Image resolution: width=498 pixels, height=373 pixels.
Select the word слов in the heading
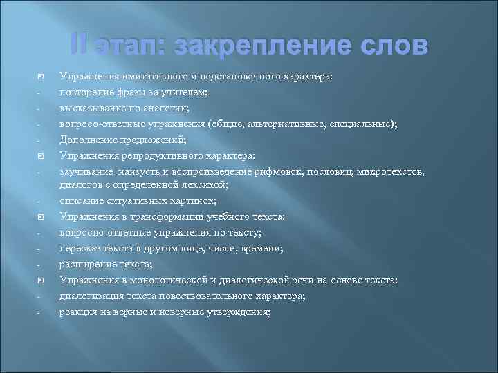(391, 46)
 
